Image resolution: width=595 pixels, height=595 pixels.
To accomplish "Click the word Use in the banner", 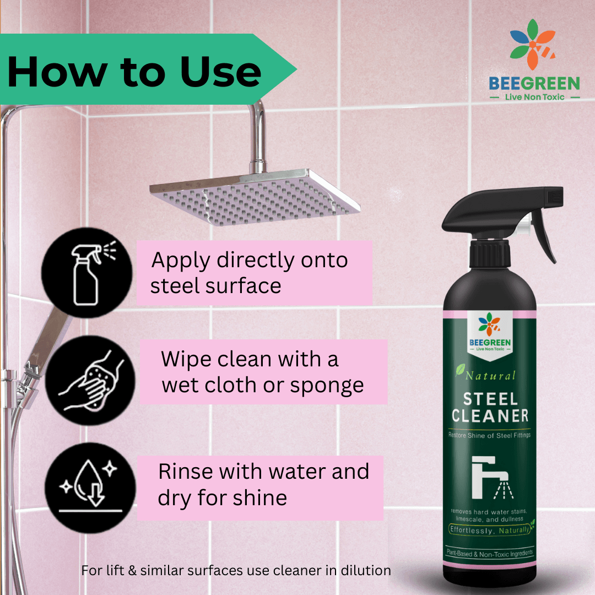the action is [220, 72].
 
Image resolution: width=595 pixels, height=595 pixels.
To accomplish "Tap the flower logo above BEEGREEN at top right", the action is [533, 44].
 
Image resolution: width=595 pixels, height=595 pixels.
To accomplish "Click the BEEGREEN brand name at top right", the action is [534, 83].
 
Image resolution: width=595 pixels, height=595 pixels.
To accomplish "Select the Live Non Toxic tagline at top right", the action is [534, 97].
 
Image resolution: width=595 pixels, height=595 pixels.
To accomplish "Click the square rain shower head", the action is [255, 197].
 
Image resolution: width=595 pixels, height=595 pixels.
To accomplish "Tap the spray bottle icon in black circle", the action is [87, 273].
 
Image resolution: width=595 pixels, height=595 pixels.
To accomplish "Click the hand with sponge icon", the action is [90, 380].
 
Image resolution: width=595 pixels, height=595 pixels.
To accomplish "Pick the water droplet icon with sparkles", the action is [90, 488].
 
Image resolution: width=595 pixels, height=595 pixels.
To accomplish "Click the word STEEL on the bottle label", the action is [491, 399].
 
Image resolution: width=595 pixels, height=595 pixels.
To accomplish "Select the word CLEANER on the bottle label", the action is [490, 416].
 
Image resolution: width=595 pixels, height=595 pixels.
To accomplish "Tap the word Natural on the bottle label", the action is [490, 376].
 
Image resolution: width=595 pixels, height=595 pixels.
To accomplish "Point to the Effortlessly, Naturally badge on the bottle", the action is [490, 530].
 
